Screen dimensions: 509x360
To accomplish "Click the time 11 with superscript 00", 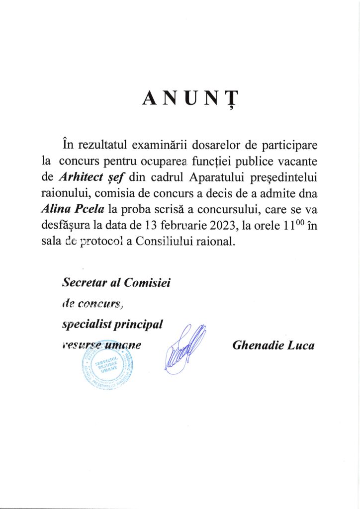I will pyautogui.click(x=288, y=225).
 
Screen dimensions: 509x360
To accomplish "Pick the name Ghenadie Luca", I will pyautogui.click(x=273, y=345).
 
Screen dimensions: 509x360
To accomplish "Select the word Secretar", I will pyautogui.click(x=82, y=283).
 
